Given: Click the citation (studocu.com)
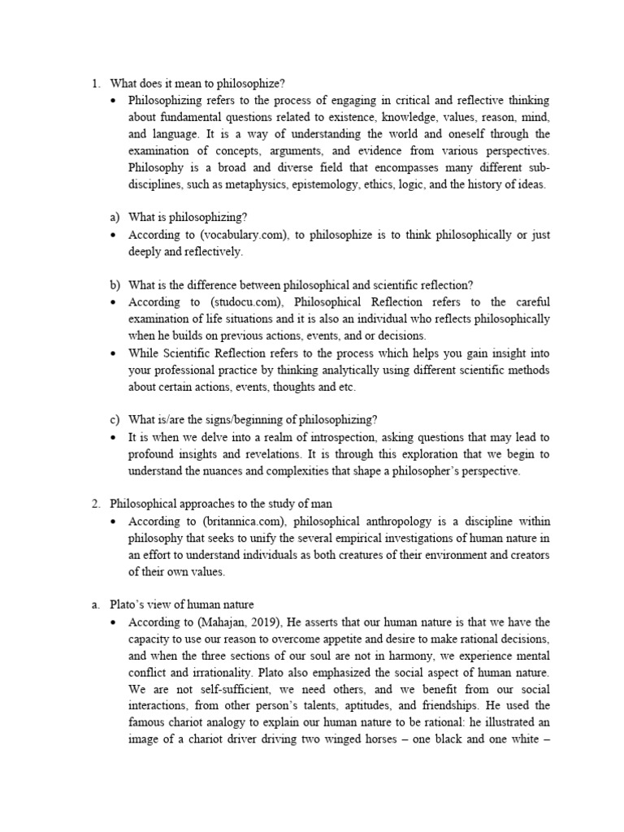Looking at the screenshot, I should tap(231, 301).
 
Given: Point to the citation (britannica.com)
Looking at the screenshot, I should tap(232, 521).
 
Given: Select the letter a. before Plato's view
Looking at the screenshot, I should tap(94, 605).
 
